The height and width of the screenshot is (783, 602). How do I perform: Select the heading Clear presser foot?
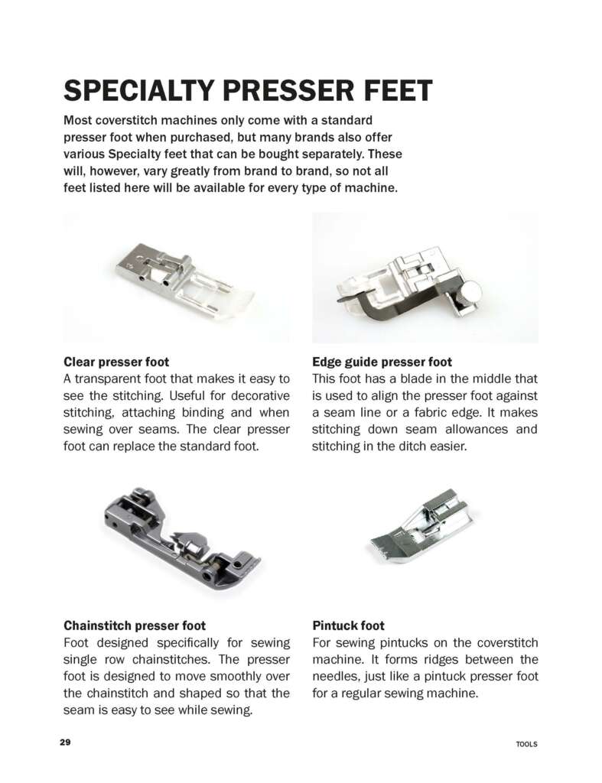click(x=116, y=362)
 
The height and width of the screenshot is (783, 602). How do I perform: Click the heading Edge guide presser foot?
click(x=382, y=362)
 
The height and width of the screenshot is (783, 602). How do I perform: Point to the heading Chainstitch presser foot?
click(x=134, y=625)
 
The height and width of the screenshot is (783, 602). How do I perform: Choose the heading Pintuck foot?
click(x=348, y=625)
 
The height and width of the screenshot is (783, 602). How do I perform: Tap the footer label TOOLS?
click(x=526, y=744)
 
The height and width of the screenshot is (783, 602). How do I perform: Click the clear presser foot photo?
click(x=177, y=280)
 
